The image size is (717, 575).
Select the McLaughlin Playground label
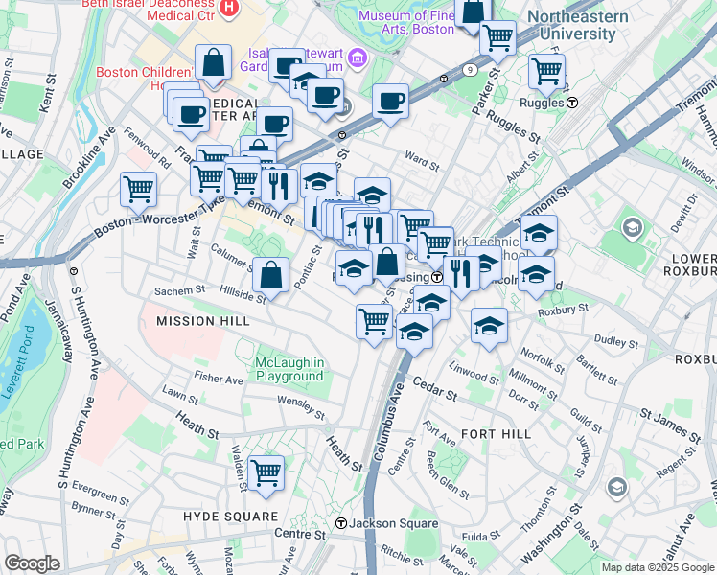coord(289,369)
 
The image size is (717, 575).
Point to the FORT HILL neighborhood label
coord(496,434)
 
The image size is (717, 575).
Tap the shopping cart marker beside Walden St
coord(266,471)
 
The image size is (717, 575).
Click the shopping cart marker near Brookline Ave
coord(139,188)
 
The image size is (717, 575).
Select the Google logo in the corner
coord(32,563)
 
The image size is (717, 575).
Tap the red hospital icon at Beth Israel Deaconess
coord(228,10)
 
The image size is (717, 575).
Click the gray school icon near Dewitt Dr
coord(632,228)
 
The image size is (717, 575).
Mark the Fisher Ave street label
coord(219,379)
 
